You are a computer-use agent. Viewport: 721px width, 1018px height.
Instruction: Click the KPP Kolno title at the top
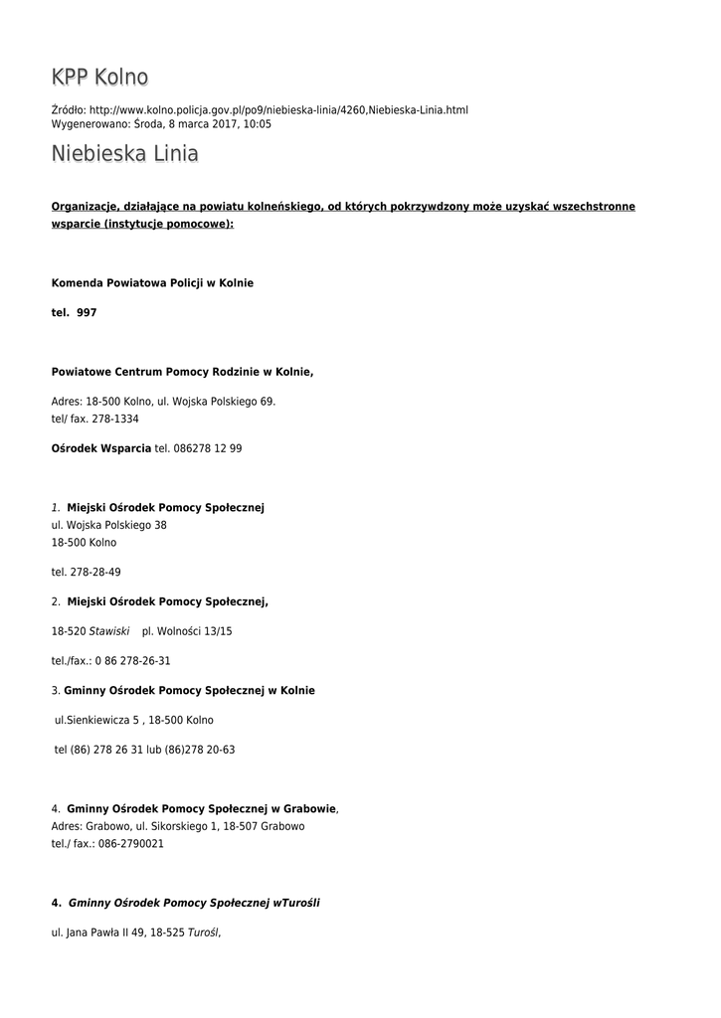click(x=99, y=78)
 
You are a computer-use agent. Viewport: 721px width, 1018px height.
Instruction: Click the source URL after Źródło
click(x=278, y=109)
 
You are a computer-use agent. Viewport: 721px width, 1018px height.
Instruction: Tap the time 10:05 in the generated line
click(x=258, y=124)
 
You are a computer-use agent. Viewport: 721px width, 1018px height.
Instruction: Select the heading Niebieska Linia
click(x=125, y=154)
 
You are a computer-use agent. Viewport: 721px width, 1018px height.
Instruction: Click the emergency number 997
click(x=87, y=312)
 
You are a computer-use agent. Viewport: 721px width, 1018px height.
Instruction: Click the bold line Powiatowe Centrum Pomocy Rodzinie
click(x=182, y=372)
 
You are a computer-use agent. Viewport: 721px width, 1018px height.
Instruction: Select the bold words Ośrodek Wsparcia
click(x=101, y=448)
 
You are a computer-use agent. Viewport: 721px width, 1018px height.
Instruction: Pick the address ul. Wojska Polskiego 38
click(x=108, y=525)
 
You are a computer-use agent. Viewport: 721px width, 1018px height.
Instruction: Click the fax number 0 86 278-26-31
click(x=132, y=660)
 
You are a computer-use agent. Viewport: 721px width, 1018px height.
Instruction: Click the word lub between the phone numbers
click(x=154, y=750)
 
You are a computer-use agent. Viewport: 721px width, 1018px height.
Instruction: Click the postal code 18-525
click(x=167, y=933)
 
